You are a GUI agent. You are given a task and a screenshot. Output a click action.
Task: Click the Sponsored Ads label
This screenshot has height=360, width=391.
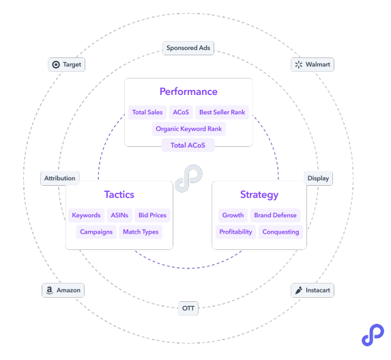[x=188, y=48]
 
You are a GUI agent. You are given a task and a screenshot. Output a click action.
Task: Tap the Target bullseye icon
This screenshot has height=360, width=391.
[x=56, y=65]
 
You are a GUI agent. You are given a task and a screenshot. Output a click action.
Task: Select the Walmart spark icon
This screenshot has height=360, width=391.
[x=298, y=65]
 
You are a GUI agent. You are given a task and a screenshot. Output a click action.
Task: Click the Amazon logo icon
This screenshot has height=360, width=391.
[x=50, y=290]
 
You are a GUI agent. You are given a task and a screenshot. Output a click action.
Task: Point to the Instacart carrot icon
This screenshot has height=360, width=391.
[x=298, y=290]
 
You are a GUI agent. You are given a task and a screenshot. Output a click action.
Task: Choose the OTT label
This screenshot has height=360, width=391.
[x=188, y=308]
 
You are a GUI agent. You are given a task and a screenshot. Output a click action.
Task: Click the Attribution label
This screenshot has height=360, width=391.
[x=60, y=178]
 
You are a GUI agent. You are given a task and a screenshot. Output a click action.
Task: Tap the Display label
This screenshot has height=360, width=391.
[x=318, y=178]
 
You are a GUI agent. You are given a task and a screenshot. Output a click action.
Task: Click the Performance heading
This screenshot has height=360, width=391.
[x=188, y=92]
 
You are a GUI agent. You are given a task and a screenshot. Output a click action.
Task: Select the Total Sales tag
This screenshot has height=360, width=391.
[x=147, y=112]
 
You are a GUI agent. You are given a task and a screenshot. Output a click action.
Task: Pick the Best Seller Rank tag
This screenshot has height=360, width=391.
[x=222, y=112]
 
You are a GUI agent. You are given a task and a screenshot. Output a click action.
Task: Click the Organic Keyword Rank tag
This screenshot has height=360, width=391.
[x=189, y=129]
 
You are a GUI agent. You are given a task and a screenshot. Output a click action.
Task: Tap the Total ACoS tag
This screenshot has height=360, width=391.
[x=188, y=146]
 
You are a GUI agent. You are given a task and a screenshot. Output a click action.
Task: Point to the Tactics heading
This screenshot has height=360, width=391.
[x=119, y=195]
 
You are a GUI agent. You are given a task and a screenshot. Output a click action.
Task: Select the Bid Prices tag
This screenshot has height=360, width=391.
[x=152, y=215]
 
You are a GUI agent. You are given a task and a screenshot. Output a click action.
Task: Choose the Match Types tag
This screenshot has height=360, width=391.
[x=141, y=232]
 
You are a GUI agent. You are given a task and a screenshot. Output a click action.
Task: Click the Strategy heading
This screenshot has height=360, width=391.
[x=259, y=195]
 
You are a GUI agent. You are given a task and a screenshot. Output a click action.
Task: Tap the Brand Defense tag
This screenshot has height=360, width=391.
[x=275, y=215]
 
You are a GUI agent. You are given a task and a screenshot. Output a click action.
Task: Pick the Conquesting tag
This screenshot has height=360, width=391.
[x=280, y=232]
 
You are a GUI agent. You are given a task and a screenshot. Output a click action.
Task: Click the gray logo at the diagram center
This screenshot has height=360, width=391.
[x=189, y=178]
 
